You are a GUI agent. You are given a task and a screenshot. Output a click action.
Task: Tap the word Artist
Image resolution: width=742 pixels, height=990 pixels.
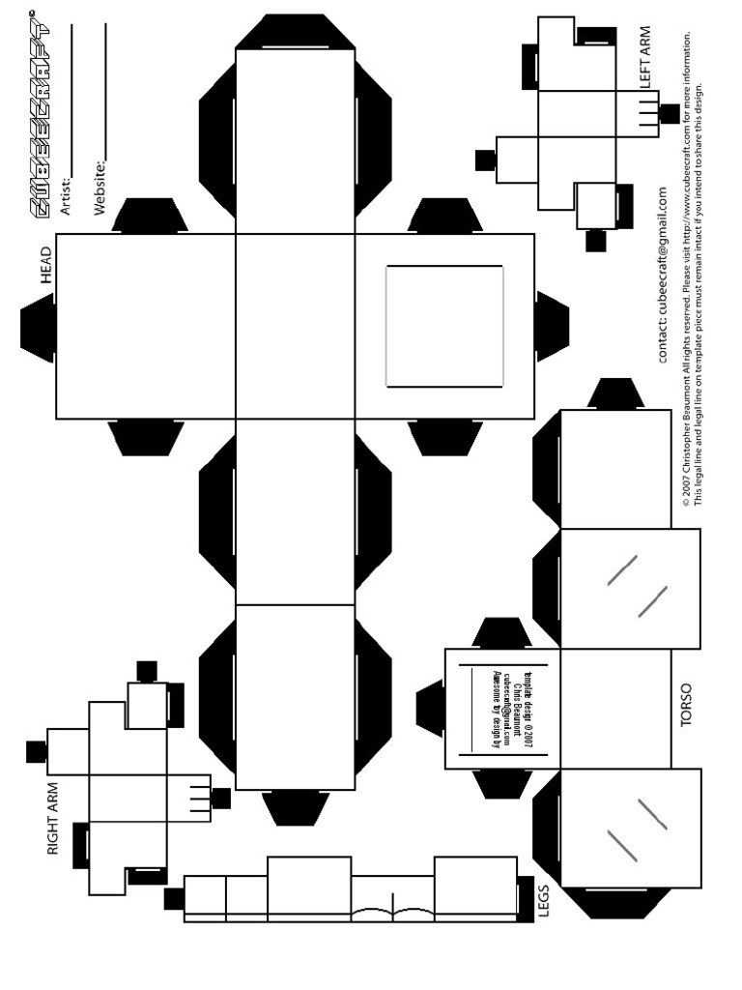(67, 191)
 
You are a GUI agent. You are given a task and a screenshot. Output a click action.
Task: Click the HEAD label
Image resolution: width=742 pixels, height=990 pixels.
(45, 264)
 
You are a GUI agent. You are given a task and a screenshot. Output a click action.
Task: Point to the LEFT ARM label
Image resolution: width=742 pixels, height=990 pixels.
(644, 58)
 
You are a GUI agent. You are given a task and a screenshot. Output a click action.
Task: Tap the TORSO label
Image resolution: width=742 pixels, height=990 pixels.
(686, 706)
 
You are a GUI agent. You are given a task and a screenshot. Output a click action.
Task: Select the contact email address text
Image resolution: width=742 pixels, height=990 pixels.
(663, 276)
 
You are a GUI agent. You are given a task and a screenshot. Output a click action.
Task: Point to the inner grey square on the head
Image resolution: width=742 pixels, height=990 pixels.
(444, 326)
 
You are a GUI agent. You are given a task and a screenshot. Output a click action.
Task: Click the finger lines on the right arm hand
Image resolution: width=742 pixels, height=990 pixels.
(199, 797)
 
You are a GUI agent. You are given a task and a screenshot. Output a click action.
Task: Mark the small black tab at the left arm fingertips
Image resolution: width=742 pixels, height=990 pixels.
(669, 113)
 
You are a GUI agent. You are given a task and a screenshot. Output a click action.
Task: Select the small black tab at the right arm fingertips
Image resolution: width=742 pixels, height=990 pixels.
(221, 798)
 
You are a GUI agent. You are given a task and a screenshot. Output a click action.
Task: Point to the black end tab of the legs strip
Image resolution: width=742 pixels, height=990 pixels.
(174, 899)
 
